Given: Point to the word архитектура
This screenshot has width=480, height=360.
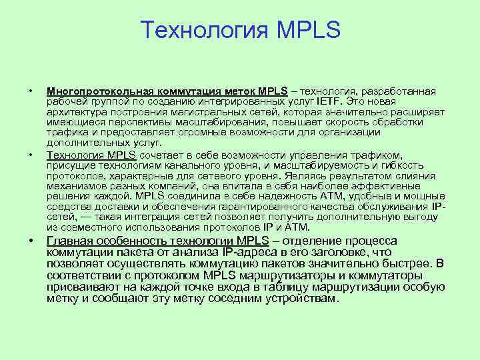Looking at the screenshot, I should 73,112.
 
